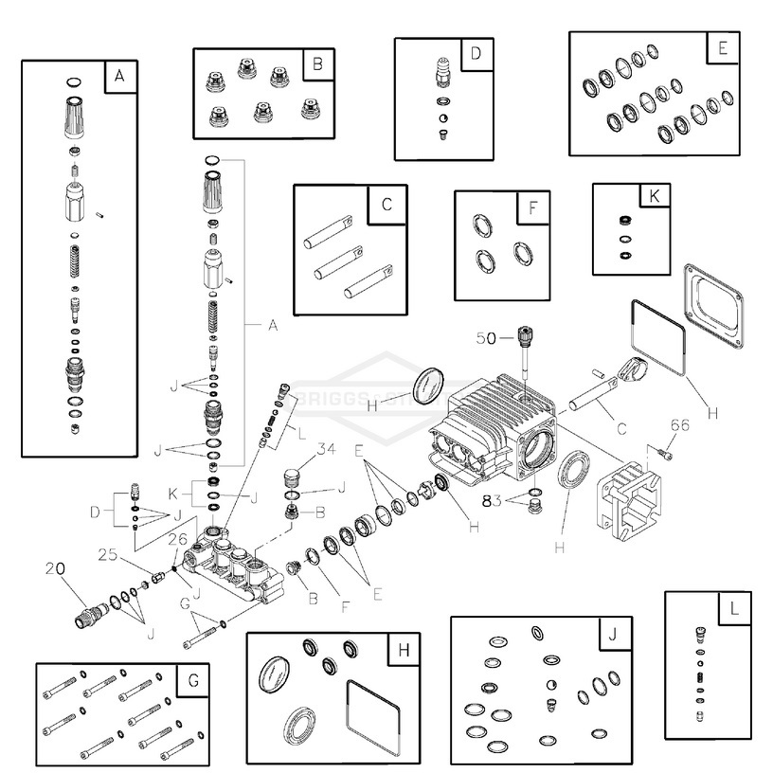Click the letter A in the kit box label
click(119, 77)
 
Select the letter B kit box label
click(317, 64)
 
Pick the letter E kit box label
click(723, 48)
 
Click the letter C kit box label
click(386, 203)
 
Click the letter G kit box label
click(192, 681)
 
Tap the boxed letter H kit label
click(404, 651)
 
